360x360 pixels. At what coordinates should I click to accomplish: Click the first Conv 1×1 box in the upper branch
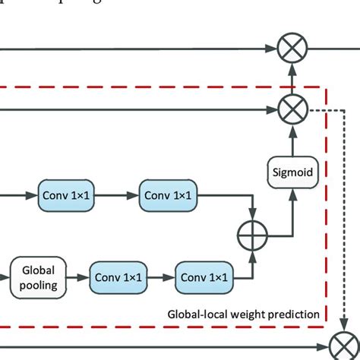pos(65,196)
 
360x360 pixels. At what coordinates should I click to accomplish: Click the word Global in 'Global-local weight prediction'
pos(183,314)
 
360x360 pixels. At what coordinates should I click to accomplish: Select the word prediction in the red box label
pos(292,314)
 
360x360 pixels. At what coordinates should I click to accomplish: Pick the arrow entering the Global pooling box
pos(5,278)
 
